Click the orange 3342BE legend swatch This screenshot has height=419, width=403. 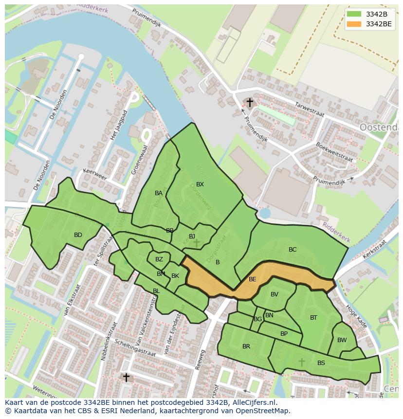(x=355, y=24)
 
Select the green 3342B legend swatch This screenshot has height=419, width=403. (x=355, y=14)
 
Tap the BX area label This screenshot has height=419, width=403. (x=200, y=184)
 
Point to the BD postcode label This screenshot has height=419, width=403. (x=78, y=235)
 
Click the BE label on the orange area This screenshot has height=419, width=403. (x=252, y=279)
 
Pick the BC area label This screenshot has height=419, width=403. (x=293, y=250)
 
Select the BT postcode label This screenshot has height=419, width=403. (x=313, y=318)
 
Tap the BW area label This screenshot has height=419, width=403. (x=342, y=340)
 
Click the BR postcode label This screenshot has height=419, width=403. (x=246, y=346)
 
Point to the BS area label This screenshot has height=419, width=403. (x=321, y=363)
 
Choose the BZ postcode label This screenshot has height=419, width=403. (x=159, y=259)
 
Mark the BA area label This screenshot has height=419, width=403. (x=159, y=193)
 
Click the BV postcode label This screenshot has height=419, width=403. (x=275, y=294)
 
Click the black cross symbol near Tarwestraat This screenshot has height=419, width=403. (x=250, y=103)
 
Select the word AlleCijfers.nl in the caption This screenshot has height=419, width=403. (x=253, y=402)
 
